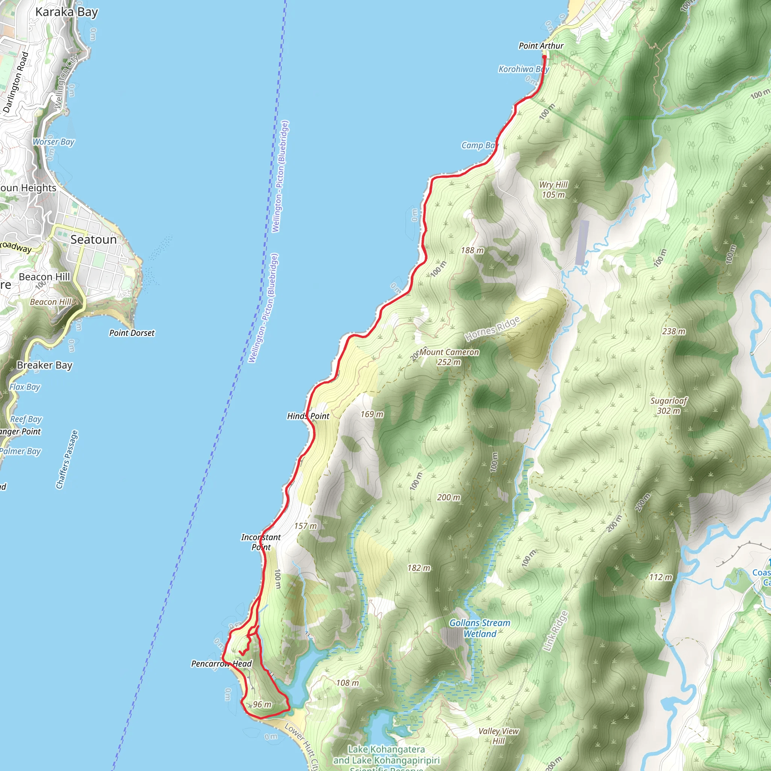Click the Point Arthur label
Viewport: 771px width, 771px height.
[541, 46]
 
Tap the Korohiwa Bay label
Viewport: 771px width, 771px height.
[524, 69]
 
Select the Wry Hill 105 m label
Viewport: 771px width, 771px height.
[553, 190]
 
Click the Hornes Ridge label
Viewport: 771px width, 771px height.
[492, 329]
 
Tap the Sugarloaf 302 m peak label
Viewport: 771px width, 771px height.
[669, 405]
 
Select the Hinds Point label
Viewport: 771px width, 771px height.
[308, 416]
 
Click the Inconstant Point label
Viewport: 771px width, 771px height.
[261, 542]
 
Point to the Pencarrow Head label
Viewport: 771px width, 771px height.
[221, 664]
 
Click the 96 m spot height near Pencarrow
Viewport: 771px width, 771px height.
[262, 704]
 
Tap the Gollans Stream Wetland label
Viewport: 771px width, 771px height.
[480, 628]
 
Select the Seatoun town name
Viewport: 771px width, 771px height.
[93, 239]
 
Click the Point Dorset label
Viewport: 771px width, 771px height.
[132, 333]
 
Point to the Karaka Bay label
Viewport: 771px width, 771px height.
[67, 12]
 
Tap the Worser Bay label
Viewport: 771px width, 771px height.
[53, 142]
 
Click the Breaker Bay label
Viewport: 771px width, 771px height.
[45, 365]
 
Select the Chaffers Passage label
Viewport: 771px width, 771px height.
[67, 459]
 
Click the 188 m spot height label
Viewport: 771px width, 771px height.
[472, 250]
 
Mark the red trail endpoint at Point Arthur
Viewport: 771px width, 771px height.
[544, 57]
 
